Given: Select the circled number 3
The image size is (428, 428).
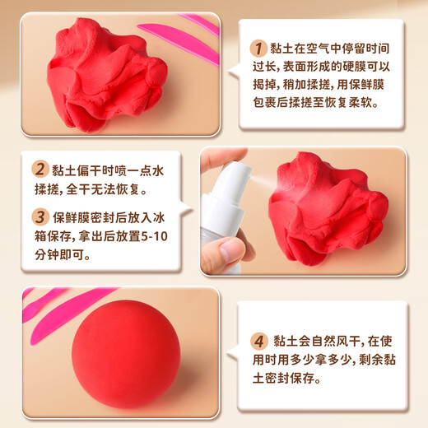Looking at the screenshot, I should pyautogui.click(x=39, y=217).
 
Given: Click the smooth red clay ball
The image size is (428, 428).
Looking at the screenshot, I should pyautogui.click(x=125, y=354).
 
